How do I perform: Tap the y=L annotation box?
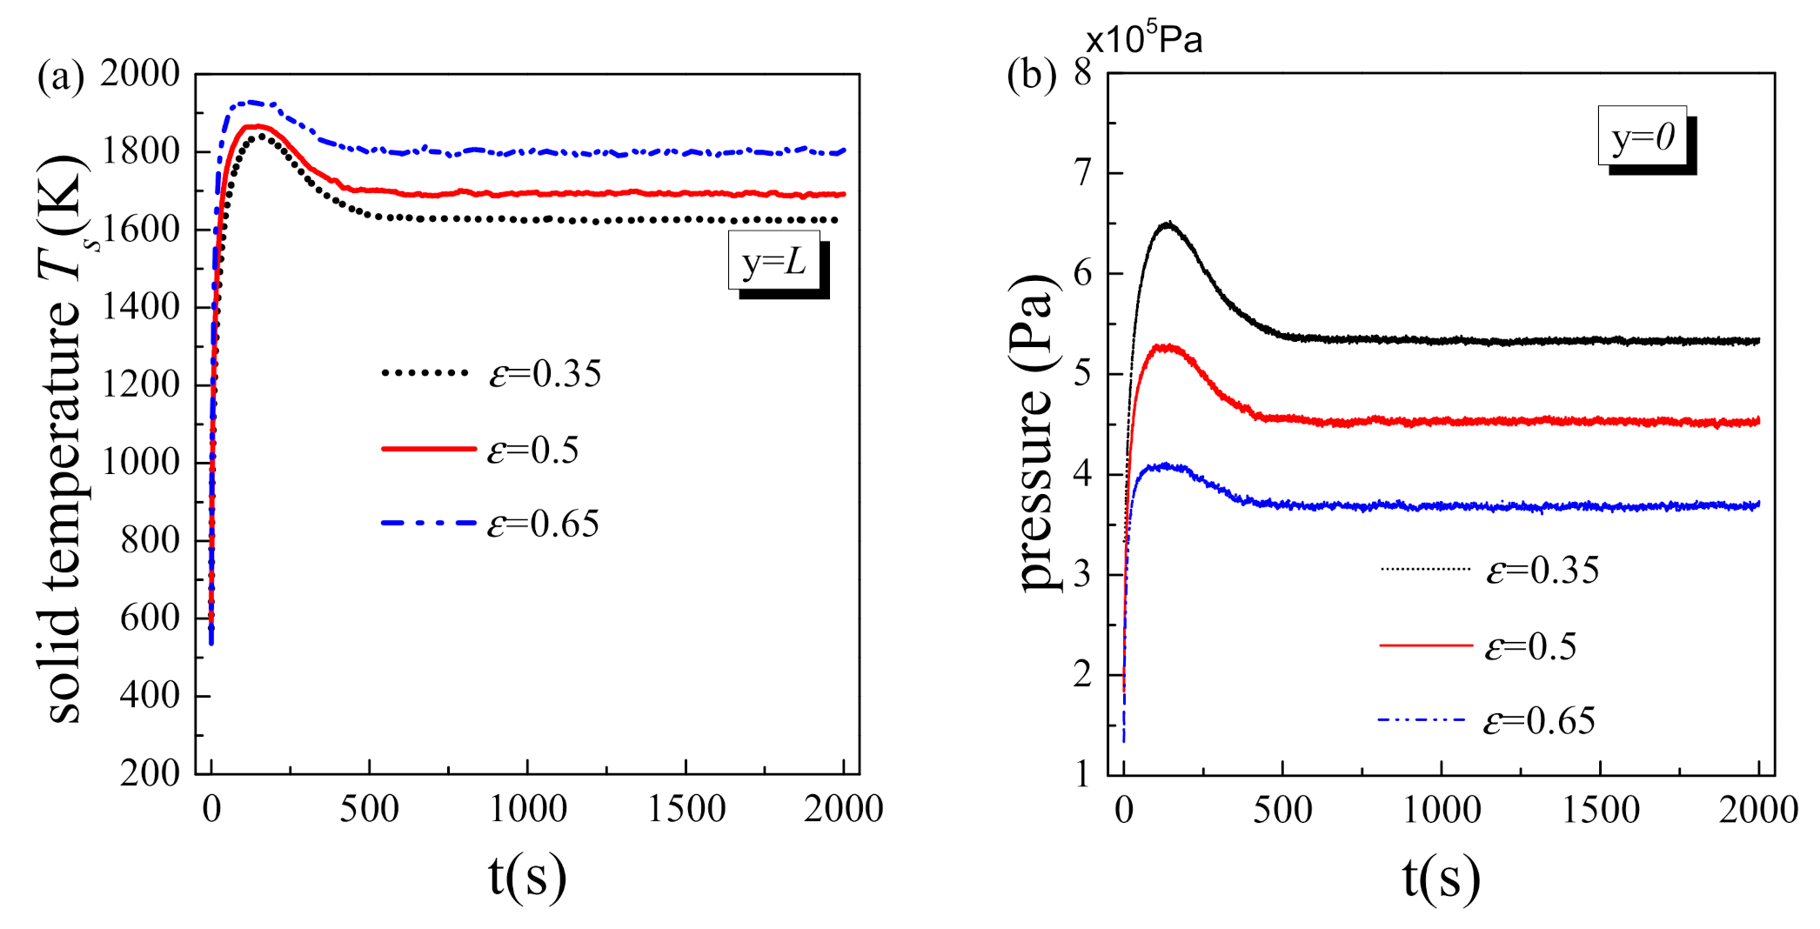(x=773, y=261)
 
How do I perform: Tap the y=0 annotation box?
(x=1642, y=137)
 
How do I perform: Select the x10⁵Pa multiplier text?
(x=1143, y=39)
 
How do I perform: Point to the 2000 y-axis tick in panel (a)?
(x=139, y=74)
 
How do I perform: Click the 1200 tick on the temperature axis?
(x=140, y=384)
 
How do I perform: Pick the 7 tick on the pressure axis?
(x=1081, y=173)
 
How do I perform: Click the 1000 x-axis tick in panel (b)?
(x=1442, y=811)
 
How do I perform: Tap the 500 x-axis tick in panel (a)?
(x=369, y=810)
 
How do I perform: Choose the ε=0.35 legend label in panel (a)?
(x=545, y=374)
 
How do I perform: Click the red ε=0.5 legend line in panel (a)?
(x=428, y=449)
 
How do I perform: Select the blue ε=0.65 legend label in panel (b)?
(x=1538, y=721)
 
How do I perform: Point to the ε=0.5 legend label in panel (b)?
(x=1530, y=647)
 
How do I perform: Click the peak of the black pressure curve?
(x=1168, y=224)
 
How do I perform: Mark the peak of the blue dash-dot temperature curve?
(x=252, y=103)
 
